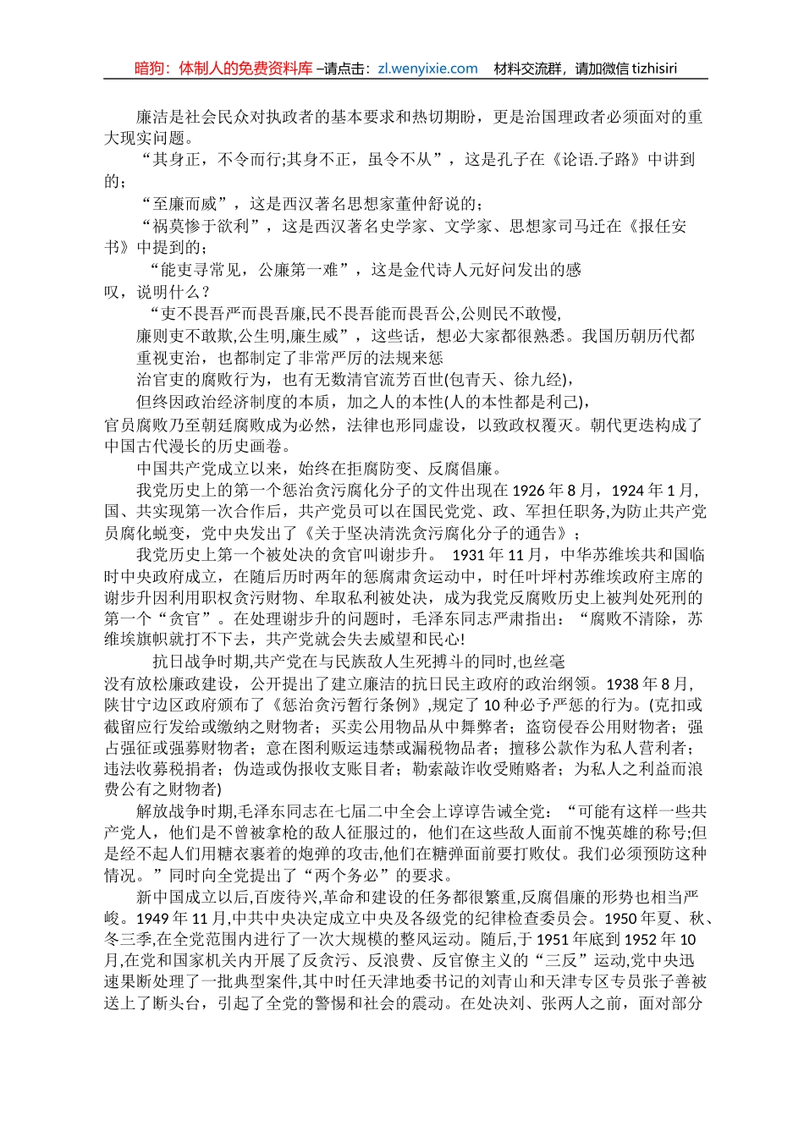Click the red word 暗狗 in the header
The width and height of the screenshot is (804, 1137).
(151, 69)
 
